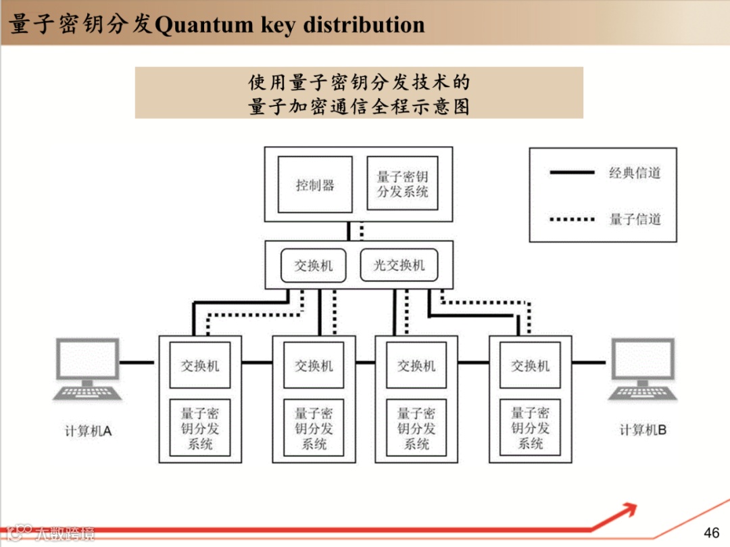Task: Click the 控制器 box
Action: (315, 185)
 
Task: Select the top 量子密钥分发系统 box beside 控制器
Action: (402, 185)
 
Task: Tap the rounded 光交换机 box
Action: (399, 266)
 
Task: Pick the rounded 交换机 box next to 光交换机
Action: (313, 266)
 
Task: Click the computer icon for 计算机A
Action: (88, 370)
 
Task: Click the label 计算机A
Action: (88, 431)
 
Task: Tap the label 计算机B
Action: (643, 429)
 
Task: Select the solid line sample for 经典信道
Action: (572, 173)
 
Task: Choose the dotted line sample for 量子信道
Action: (572, 219)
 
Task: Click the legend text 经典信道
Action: (635, 173)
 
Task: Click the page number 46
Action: (712, 532)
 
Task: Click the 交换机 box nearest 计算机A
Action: (200, 365)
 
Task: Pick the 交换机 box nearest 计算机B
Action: (530, 365)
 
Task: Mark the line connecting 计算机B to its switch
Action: (589, 363)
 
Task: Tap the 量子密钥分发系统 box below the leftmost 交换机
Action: (200, 427)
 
